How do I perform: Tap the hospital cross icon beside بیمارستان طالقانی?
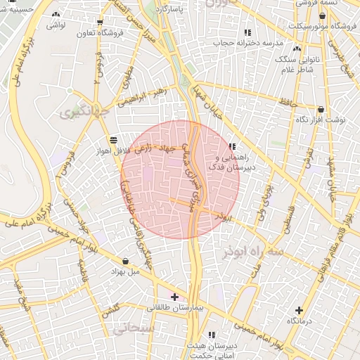[x=175, y=297]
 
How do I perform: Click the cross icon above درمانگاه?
[x=300, y=310]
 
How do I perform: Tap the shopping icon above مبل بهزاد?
[x=125, y=261]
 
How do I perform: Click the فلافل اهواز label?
[x=114, y=149]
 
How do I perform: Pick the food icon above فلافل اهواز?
[x=114, y=139]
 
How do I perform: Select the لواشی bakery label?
[x=56, y=25]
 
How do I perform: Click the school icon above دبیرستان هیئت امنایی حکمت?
[x=212, y=335]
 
